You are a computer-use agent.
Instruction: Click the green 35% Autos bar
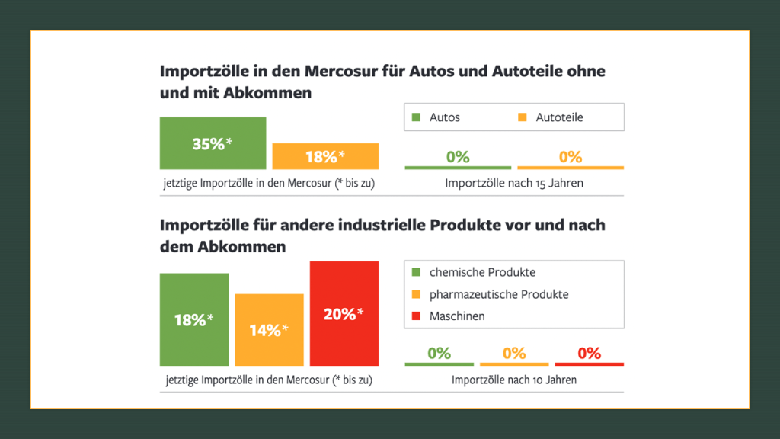click(213, 143)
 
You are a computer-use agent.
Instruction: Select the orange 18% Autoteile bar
click(325, 156)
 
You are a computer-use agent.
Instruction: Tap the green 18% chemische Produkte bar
click(194, 319)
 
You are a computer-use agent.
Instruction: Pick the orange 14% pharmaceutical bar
click(269, 329)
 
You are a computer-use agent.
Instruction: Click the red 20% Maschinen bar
click(344, 313)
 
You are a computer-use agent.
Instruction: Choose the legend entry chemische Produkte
click(481, 272)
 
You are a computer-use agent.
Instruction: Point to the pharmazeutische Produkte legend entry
click(498, 294)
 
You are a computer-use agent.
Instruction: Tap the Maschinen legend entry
click(456, 316)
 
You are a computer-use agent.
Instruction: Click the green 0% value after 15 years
click(458, 157)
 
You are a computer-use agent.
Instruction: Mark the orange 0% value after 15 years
click(571, 157)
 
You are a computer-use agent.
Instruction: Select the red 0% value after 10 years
click(590, 353)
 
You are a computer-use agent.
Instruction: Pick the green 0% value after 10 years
click(440, 353)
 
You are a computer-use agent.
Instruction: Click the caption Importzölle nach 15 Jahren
click(514, 184)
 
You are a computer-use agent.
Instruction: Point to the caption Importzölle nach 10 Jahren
click(514, 380)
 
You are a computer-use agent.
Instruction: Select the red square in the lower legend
click(416, 316)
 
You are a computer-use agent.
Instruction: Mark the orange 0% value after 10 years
click(514, 353)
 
